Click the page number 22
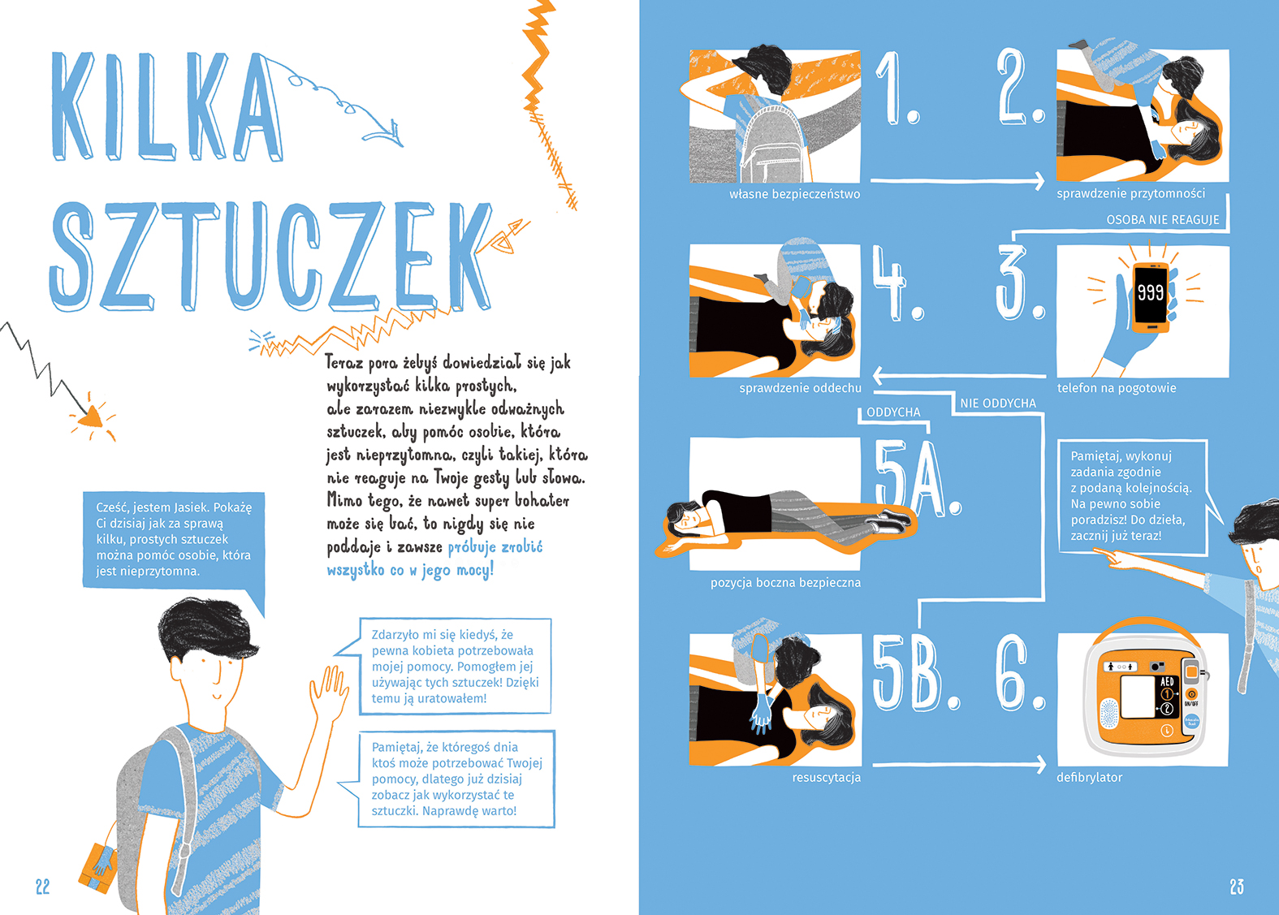point(43,887)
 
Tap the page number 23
point(1237,887)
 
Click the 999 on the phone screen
point(1150,292)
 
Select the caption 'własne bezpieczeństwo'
point(794,194)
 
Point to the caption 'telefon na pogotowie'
point(1117,388)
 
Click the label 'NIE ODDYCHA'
point(998,403)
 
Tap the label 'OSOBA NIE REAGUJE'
point(1163,220)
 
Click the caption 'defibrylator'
point(1089,778)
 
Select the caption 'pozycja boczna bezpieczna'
point(786,583)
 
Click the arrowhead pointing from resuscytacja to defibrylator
point(1040,764)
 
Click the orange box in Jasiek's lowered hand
point(98,868)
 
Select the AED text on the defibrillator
point(1167,681)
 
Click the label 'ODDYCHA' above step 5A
point(893,412)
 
